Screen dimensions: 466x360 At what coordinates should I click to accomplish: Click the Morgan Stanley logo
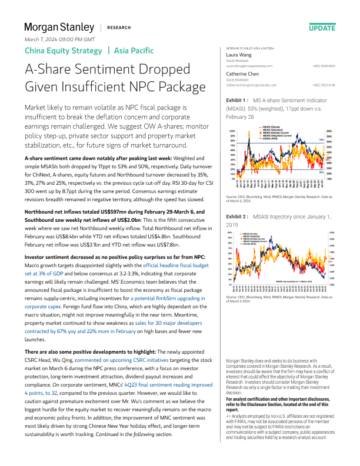click(x=59, y=27)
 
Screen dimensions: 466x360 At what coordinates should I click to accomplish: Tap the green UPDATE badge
click(x=322, y=28)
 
